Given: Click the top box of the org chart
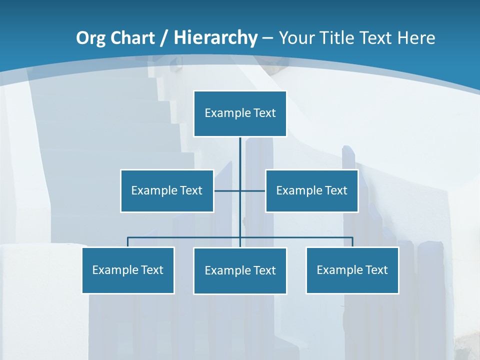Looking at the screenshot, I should coord(240,113).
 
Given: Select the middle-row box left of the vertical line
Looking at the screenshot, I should coord(167,190).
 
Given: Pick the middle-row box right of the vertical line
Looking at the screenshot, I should coord(312,190).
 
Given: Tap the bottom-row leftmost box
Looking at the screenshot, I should coord(128,270).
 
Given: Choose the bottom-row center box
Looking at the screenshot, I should coord(240,270).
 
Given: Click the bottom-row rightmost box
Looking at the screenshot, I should coord(352,270).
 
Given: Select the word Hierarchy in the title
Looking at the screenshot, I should coord(215,38).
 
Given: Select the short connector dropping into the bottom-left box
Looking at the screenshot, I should coord(128,242).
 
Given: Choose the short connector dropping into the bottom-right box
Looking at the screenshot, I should coord(352,242).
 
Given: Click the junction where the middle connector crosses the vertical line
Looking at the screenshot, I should coord(240,190).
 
